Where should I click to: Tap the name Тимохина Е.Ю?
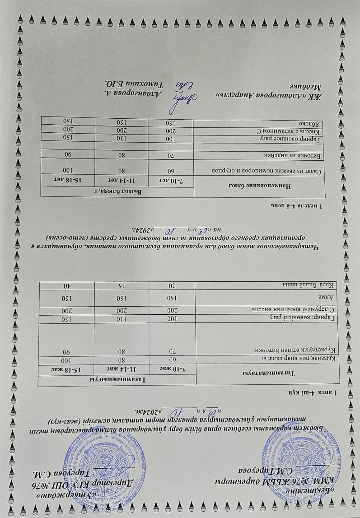click(136, 84)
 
